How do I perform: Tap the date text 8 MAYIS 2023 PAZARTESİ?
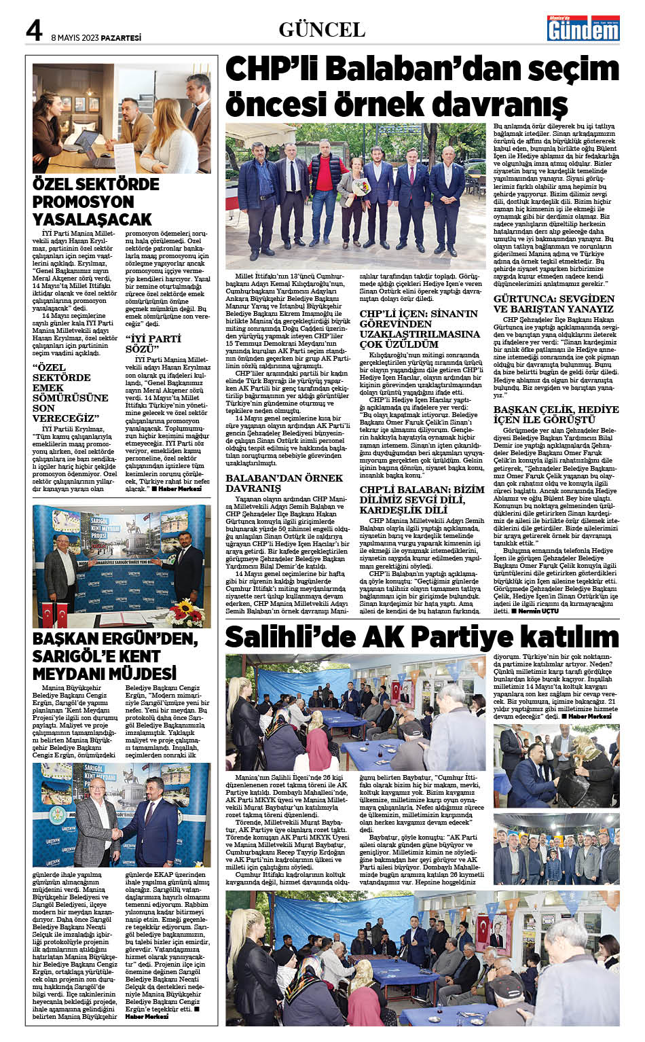(96, 37)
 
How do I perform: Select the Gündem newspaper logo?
(584, 28)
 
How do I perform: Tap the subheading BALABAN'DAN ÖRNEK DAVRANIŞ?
(284, 482)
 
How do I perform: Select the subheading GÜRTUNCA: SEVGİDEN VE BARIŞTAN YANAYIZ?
(553, 304)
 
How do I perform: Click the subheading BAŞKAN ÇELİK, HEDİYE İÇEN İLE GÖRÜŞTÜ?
(555, 414)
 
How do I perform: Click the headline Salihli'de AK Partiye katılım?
(422, 637)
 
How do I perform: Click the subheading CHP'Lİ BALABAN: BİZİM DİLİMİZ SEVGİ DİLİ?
(422, 499)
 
